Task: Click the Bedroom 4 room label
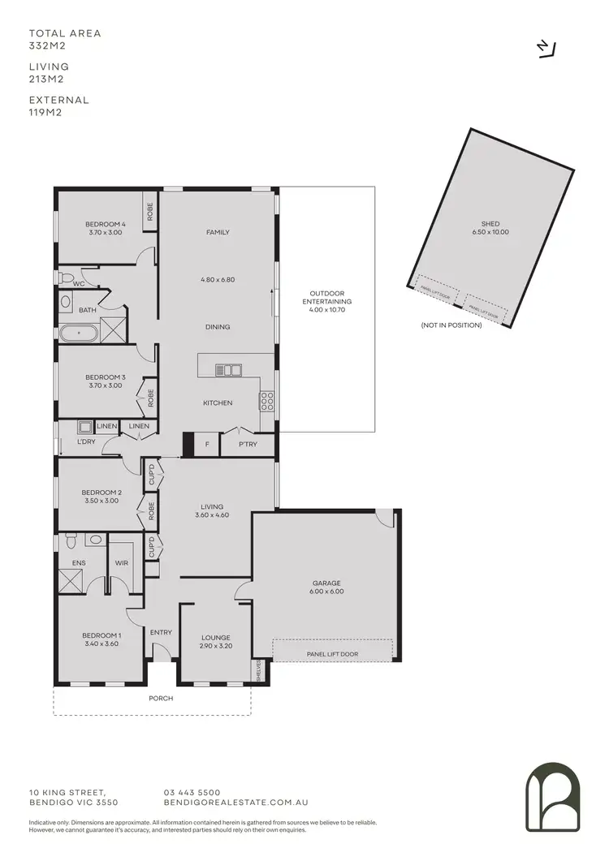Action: pyautogui.click(x=106, y=224)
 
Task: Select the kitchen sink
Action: pyautogui.click(x=228, y=370)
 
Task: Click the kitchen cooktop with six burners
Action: pyautogui.click(x=266, y=400)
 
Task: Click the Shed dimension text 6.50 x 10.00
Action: pyautogui.click(x=490, y=232)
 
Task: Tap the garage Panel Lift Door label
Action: pyautogui.click(x=332, y=653)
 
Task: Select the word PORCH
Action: pyautogui.click(x=162, y=698)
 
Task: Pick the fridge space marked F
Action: pyautogui.click(x=207, y=444)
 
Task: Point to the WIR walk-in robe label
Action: pyautogui.click(x=122, y=562)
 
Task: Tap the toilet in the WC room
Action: pyautogui.click(x=63, y=277)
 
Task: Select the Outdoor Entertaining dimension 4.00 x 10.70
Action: pyautogui.click(x=326, y=309)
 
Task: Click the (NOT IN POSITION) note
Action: pyautogui.click(x=451, y=325)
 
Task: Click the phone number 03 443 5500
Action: pyautogui.click(x=192, y=792)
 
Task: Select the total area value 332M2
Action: pyautogui.click(x=45, y=46)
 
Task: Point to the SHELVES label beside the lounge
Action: pyautogui.click(x=257, y=671)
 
